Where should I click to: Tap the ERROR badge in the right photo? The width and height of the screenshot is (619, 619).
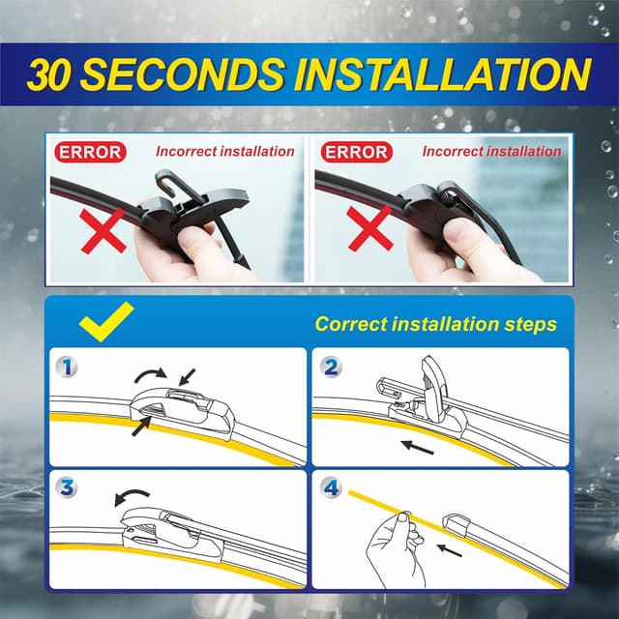coord(355,152)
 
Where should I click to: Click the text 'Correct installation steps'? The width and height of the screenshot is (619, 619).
coord(435,323)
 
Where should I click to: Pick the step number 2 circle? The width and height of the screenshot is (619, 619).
coord(331,368)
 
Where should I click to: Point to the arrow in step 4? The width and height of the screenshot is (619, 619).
coord(447,549)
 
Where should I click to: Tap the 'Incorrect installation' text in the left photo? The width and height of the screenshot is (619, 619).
coord(224,152)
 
